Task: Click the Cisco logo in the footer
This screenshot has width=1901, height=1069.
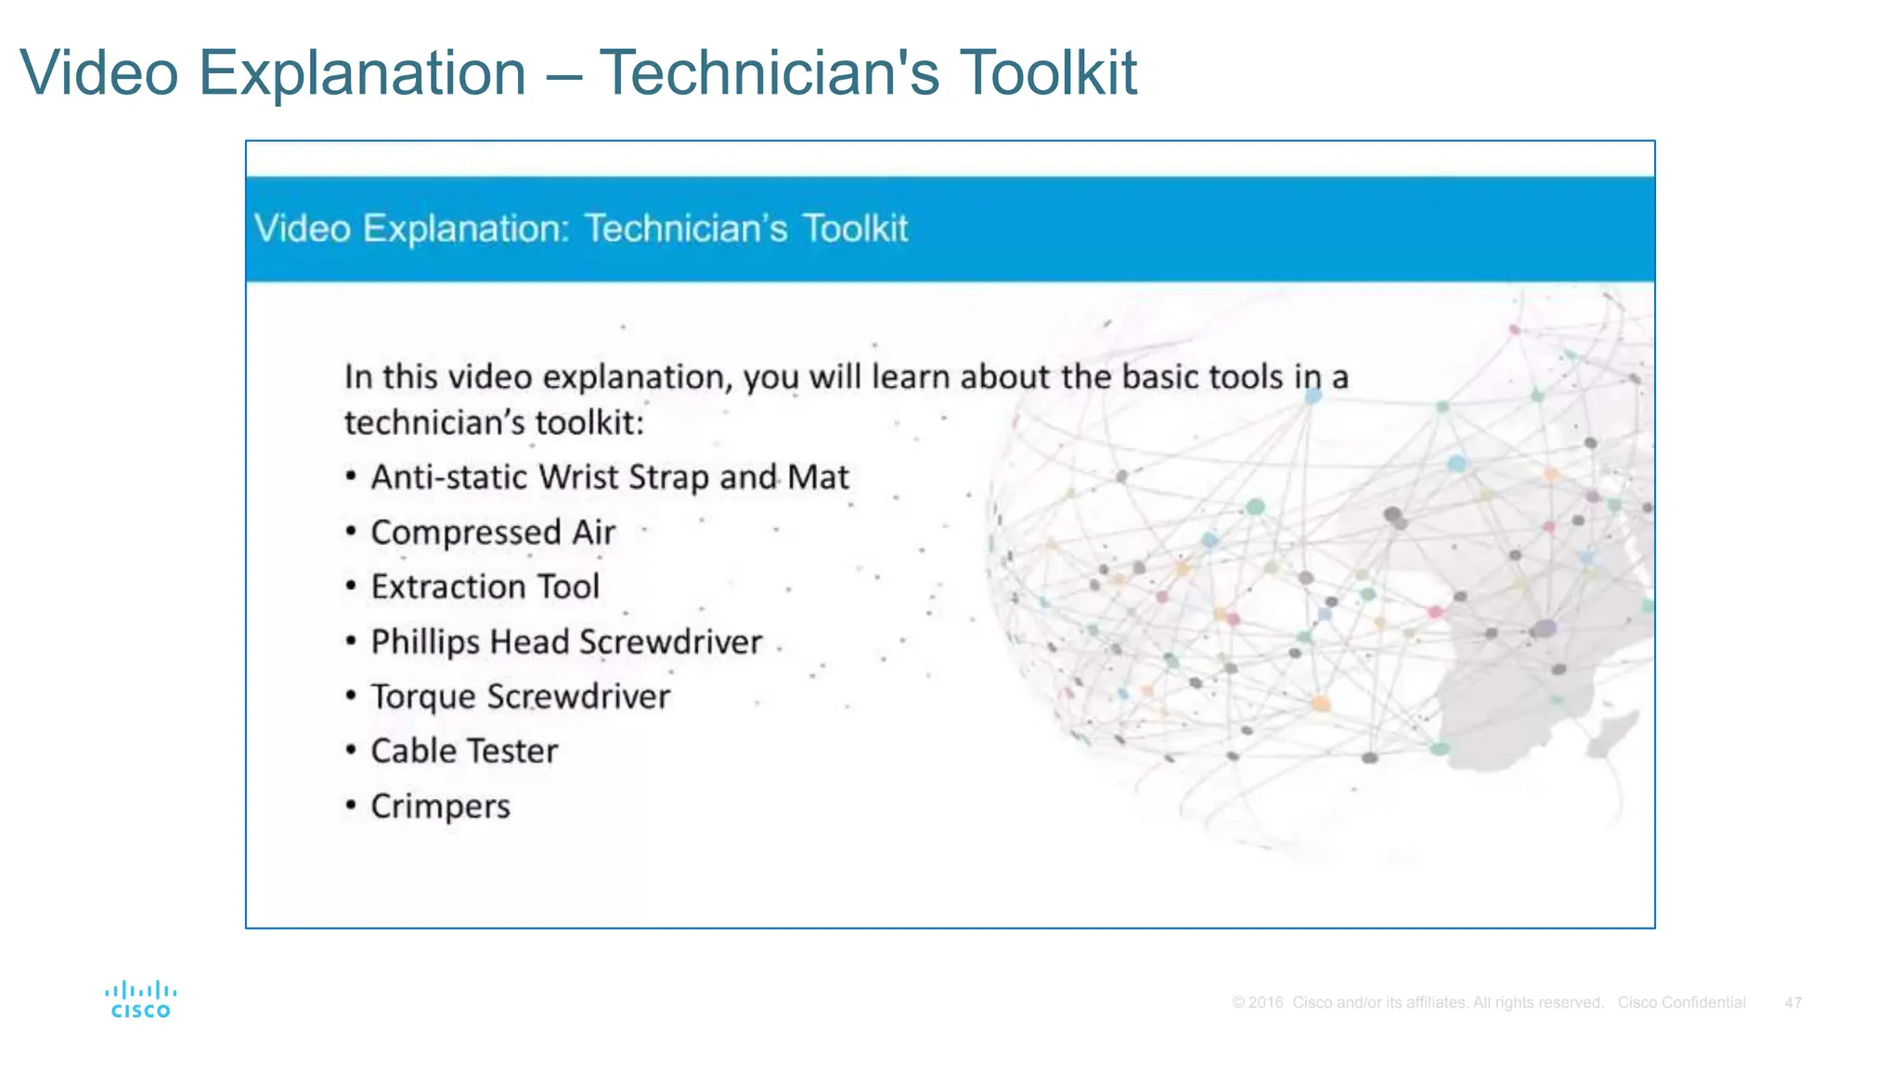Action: [x=141, y=999]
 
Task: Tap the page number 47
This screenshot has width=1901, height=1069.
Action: [x=1792, y=1003]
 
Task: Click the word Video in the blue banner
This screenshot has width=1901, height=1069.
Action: [x=302, y=228]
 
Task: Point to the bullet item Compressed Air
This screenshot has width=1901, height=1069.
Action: [x=493, y=533]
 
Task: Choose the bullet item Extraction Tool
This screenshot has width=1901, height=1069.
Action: [x=485, y=587]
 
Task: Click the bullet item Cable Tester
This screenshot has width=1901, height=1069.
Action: [x=464, y=752]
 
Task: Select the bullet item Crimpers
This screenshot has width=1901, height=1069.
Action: [x=440, y=806]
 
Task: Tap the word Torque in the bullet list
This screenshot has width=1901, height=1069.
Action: [x=423, y=698]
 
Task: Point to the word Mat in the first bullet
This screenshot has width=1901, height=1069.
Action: [x=818, y=477]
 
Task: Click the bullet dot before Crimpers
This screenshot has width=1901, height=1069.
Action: [x=351, y=805]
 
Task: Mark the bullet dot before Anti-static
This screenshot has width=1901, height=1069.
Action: [x=351, y=476]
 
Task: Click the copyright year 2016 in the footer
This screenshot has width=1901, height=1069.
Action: [x=1265, y=1003]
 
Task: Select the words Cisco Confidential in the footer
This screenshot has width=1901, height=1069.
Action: [x=1681, y=1003]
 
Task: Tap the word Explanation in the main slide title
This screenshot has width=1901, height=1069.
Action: [x=362, y=72]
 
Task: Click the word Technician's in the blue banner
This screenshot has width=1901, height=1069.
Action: [x=686, y=228]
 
